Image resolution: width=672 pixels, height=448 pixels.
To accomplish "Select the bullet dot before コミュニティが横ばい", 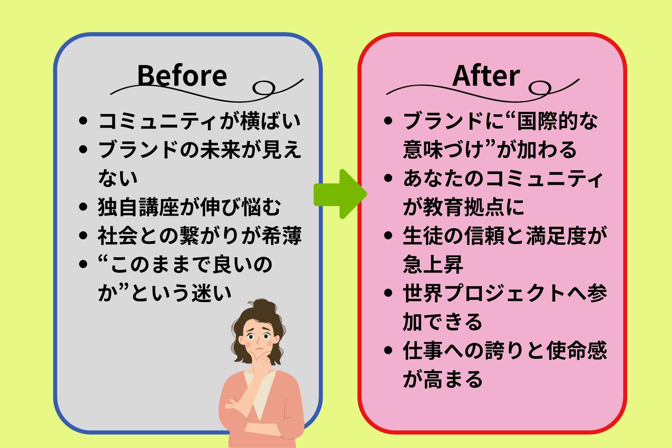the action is [x=83, y=121].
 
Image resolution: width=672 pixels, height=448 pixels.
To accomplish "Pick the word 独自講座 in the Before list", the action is [x=138, y=207].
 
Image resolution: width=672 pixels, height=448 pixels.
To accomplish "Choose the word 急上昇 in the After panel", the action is [x=433, y=264].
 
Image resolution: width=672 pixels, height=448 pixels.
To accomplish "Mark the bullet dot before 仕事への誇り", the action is [x=388, y=350].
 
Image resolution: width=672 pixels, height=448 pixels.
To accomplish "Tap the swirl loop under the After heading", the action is [x=540, y=88].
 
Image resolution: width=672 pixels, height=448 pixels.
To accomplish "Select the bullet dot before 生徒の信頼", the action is [x=388, y=236].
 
